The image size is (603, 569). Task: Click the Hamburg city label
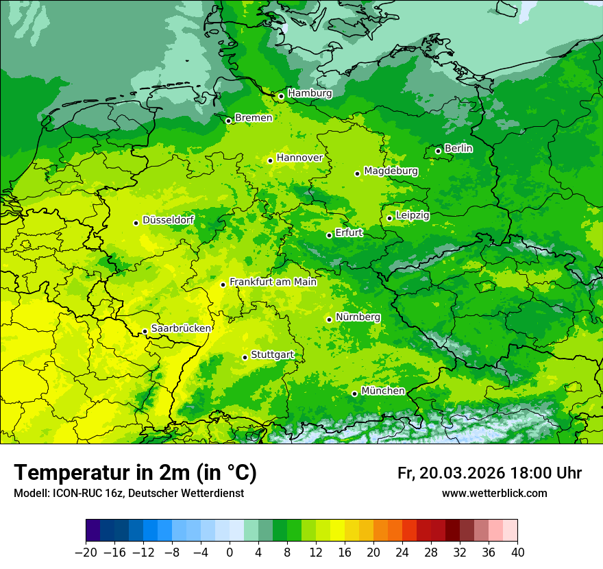[x=310, y=93]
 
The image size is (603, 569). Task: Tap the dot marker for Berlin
[x=438, y=151]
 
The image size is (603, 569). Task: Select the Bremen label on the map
[x=254, y=118]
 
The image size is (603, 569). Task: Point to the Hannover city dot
[x=270, y=160]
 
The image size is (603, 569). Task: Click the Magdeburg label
[x=391, y=171]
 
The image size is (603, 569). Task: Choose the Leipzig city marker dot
[x=389, y=218]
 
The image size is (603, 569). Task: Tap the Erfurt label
[x=349, y=233]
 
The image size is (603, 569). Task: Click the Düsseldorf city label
[x=168, y=221]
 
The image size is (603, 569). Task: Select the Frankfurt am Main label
[x=273, y=282]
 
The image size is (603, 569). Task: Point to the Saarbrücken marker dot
[x=145, y=331]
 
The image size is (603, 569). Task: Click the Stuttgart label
[x=273, y=355]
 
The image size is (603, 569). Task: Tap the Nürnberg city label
[x=358, y=317]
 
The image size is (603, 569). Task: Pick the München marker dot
[x=354, y=394]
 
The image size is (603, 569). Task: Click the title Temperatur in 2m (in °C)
[x=135, y=472]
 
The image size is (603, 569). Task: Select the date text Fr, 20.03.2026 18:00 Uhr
[x=489, y=473]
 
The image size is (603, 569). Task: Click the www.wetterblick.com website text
[x=494, y=494]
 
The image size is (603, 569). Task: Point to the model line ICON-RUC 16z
[x=129, y=494]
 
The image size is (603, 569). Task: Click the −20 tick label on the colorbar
[x=86, y=553]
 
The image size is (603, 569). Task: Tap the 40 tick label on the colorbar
[x=517, y=553]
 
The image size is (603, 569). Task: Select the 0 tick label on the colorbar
[x=230, y=553]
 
